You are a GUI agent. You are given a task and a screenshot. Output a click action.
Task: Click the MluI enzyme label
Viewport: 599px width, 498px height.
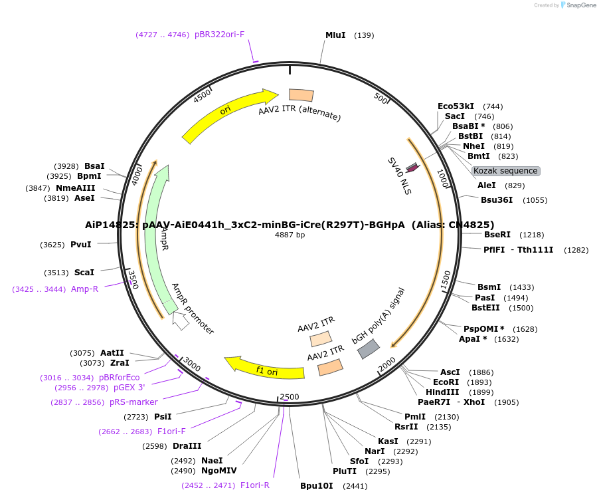click(335, 35)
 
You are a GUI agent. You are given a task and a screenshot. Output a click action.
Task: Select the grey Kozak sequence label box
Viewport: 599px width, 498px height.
click(506, 171)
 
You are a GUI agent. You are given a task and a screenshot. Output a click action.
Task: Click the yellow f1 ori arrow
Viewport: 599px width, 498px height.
click(266, 368)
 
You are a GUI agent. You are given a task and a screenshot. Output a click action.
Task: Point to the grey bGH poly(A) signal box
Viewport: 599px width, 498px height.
click(369, 349)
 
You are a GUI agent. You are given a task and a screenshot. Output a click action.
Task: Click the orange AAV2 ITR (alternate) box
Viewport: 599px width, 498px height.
click(301, 96)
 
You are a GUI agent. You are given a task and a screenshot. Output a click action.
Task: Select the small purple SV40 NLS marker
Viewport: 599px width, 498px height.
click(412, 168)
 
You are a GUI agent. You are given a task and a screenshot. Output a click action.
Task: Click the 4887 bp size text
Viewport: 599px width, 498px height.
click(290, 235)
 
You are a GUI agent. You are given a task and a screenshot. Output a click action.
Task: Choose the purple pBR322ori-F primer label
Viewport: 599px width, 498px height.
click(219, 35)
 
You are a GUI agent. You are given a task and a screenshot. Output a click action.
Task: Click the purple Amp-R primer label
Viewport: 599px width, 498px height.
click(84, 289)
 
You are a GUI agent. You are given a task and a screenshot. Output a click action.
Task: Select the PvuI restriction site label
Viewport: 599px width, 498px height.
click(80, 245)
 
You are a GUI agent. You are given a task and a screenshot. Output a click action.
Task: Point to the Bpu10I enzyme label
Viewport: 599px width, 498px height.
click(315, 486)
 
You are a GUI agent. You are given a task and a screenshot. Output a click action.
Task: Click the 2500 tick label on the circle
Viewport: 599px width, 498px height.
click(290, 397)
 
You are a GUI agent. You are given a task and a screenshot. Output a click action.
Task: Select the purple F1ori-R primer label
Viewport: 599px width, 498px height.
click(254, 485)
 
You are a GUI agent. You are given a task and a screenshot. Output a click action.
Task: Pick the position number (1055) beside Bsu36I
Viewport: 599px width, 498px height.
click(536, 200)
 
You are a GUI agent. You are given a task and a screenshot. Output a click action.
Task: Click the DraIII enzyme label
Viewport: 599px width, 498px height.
click(187, 446)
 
